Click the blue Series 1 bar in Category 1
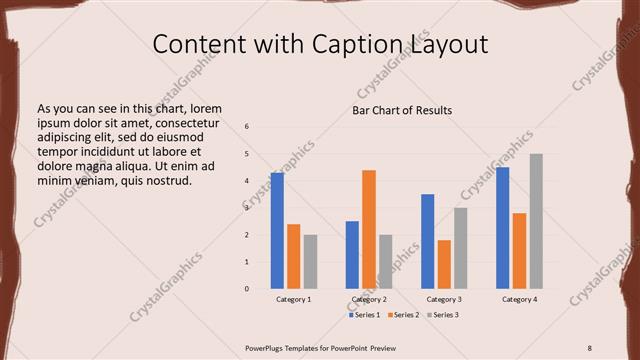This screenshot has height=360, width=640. coord(277,231)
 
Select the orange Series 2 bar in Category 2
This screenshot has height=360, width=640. coord(369,229)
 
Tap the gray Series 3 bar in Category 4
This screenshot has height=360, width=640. coord(536,221)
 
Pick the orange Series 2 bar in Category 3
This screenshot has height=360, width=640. coord(444,264)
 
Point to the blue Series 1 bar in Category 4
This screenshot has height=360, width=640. coord(502,228)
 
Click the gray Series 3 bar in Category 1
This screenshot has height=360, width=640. coord(310,262)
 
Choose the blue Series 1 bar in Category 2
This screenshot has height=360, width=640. coord(352,255)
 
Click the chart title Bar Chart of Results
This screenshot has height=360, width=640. coord(402,110)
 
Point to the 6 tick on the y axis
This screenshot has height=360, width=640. coord(247,127)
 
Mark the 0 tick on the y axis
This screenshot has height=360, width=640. coord(247,289)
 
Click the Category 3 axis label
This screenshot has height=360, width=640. coord(444,299)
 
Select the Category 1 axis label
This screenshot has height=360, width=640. coord(293,299)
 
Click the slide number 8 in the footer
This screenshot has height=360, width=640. coord(589,347)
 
